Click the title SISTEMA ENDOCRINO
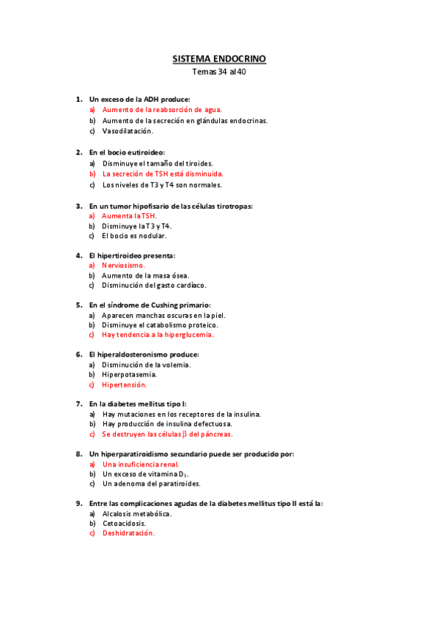pyautogui.click(x=219, y=58)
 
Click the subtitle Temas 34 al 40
pyautogui.click(x=219, y=72)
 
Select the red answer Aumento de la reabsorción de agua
pyautogui.click(x=162, y=110)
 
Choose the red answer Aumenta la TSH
pyautogui.click(x=130, y=216)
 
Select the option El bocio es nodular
pyautogui.click(x=134, y=237)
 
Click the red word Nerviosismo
pyautogui.click(x=124, y=264)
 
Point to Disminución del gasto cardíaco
pyautogui.click(x=154, y=285)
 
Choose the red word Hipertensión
pyautogui.click(x=125, y=384)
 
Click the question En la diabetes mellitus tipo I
pyautogui.click(x=138, y=404)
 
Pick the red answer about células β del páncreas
pyautogui.click(x=168, y=434)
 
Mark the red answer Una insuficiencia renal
pyautogui.click(x=141, y=464)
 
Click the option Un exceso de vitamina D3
pyautogui.click(x=141, y=475)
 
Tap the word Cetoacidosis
pyautogui.click(x=124, y=524)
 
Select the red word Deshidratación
pyautogui.click(x=128, y=534)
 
